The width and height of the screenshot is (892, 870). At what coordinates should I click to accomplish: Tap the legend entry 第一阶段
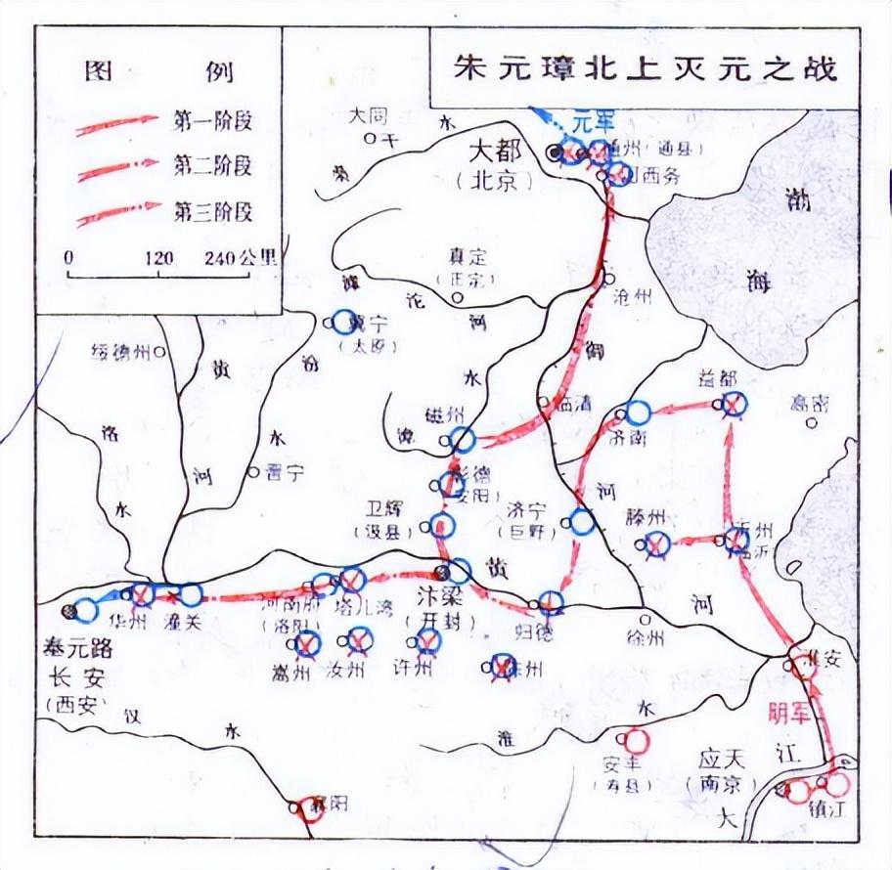213,121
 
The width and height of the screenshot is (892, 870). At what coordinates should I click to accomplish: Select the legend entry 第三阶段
213,210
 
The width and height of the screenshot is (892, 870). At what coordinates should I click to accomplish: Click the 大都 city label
499,152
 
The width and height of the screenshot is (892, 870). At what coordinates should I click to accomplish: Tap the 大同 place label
371,115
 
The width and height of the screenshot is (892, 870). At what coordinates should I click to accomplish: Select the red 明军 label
789,712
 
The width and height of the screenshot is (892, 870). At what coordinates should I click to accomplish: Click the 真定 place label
468,258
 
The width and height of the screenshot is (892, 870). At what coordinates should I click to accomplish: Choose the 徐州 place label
646,638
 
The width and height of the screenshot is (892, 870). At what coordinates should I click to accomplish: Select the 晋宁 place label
283,471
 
